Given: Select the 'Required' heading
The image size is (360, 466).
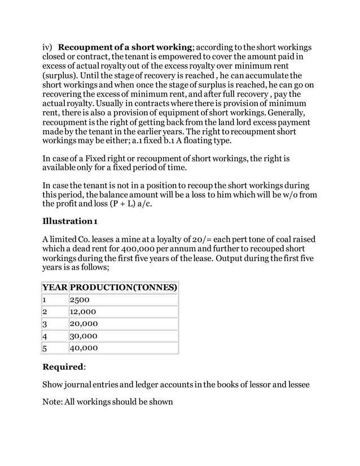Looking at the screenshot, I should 63,367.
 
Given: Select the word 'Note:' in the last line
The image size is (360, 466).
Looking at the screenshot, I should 55,403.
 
